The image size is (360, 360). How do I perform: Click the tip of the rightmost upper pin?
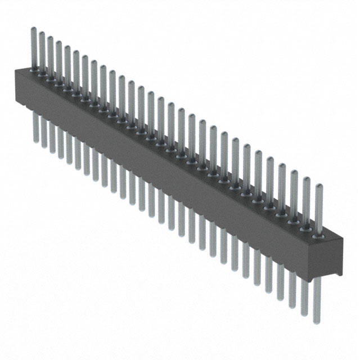(x=319, y=186)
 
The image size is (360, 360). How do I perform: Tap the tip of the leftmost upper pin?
(x=33, y=29)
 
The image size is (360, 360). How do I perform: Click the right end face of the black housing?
(x=336, y=256)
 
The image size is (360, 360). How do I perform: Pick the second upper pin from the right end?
(x=307, y=202)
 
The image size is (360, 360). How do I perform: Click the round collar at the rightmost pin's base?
(x=319, y=237)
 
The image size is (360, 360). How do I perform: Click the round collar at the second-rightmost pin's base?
(x=307, y=230)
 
